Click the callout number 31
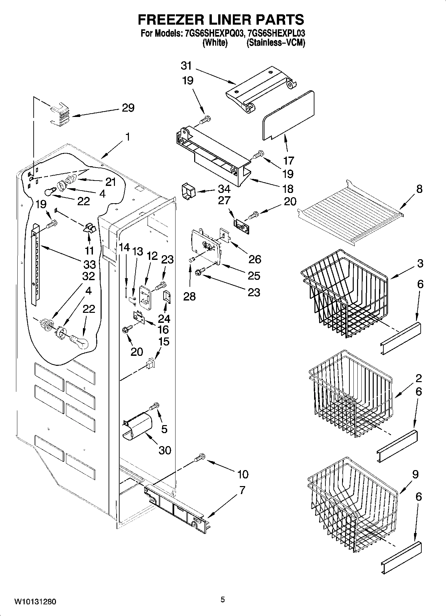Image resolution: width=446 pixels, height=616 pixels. (x=186, y=66)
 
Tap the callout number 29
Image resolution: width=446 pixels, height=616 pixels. (x=128, y=108)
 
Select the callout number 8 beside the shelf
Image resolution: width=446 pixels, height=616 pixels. (x=419, y=189)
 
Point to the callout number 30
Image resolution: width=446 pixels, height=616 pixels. (x=165, y=450)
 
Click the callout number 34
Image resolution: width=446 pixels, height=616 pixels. (x=224, y=189)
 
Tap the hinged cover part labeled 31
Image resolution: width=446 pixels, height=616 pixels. (x=260, y=88)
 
